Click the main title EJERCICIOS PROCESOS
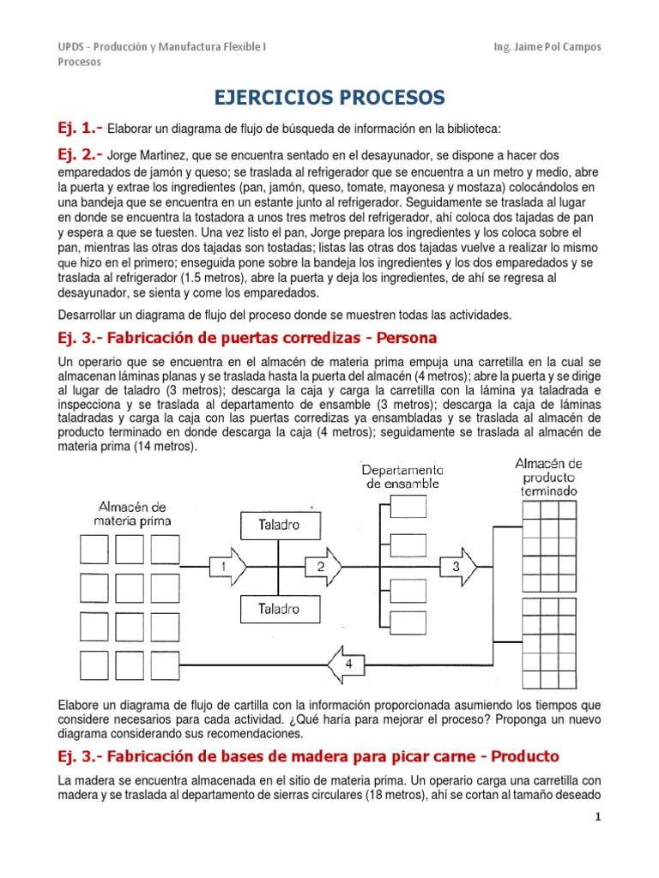329,98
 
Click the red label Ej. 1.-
79,128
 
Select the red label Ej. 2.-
79,154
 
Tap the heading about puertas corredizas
247,337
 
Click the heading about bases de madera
307,756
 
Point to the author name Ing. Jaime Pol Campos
542,46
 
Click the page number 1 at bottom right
598,842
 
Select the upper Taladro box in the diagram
279,525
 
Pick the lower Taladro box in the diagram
279,609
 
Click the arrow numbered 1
227,567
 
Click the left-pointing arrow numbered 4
347,665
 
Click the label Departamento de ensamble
402,476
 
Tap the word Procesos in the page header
79,62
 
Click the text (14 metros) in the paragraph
164,447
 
